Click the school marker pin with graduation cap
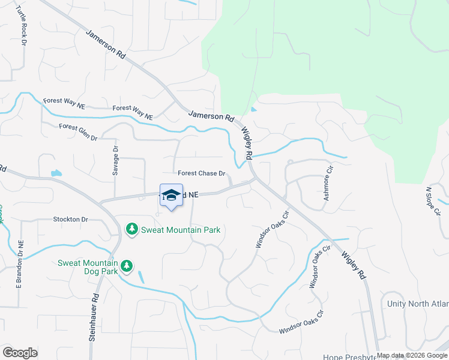[171, 196]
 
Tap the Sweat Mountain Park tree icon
[131, 229]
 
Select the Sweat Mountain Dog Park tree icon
[126, 265]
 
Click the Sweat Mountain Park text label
[180, 230]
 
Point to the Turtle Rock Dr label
[22, 27]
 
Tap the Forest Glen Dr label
[78, 132]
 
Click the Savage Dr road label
[115, 160]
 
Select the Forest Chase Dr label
[201, 173]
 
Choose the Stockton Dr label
[70, 220]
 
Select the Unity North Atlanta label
[418, 304]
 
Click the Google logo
[20, 352]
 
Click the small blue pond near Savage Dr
[56, 174]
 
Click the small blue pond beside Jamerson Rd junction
[254, 109]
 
